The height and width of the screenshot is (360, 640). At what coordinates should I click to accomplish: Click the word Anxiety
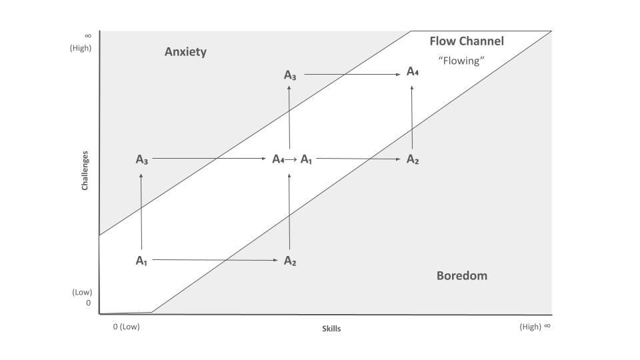tap(185, 52)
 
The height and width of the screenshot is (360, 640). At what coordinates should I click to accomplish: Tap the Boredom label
tap(461, 275)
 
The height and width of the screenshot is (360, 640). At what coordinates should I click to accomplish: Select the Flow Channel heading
tap(467, 41)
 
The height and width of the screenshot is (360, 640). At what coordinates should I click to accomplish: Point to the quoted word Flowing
tap(461, 60)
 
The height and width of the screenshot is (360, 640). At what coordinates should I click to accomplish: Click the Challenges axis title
tap(85, 169)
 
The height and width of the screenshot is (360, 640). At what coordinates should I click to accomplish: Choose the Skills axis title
tap(331, 329)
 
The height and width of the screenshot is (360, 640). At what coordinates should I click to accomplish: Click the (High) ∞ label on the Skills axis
tap(535, 327)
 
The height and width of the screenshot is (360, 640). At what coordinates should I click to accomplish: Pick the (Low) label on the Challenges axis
tap(82, 292)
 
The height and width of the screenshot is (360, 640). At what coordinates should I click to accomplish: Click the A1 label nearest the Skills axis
tap(141, 261)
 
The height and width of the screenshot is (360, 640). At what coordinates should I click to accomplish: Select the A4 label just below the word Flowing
tap(413, 72)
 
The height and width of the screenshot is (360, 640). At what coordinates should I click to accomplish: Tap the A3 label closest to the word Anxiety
tap(290, 75)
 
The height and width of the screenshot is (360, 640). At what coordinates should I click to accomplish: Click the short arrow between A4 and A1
tap(291, 159)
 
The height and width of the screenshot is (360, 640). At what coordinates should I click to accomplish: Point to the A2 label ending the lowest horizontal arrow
tap(290, 261)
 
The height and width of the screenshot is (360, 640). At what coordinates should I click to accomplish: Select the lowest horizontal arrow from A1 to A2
tap(215, 260)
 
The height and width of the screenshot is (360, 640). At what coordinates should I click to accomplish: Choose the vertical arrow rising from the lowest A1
tap(141, 211)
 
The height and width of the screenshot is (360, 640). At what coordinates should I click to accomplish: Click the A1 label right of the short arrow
tap(306, 159)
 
